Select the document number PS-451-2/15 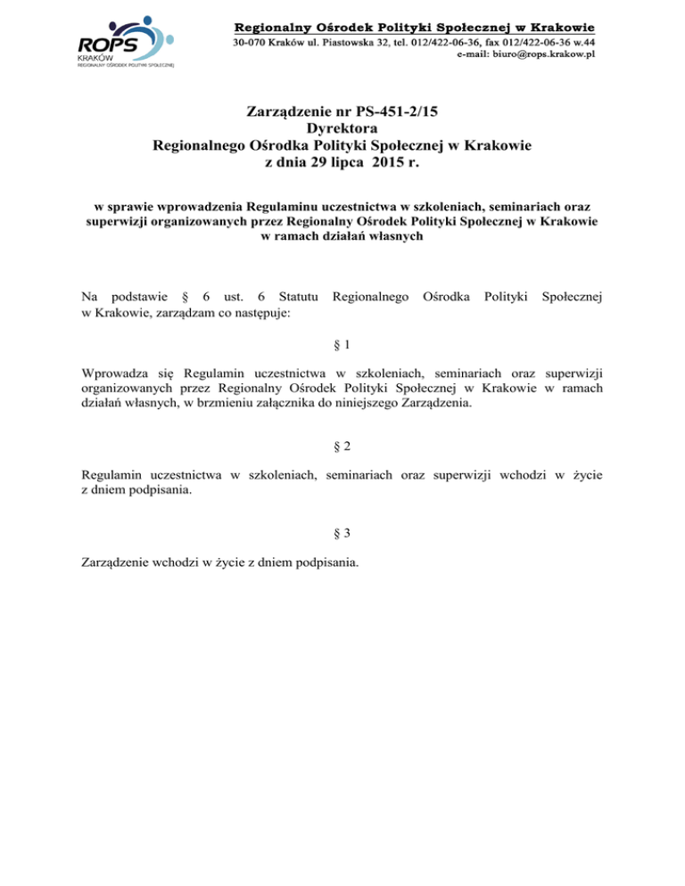389,112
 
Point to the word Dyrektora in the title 342,128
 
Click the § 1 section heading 342,344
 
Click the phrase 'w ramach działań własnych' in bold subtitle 342,236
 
